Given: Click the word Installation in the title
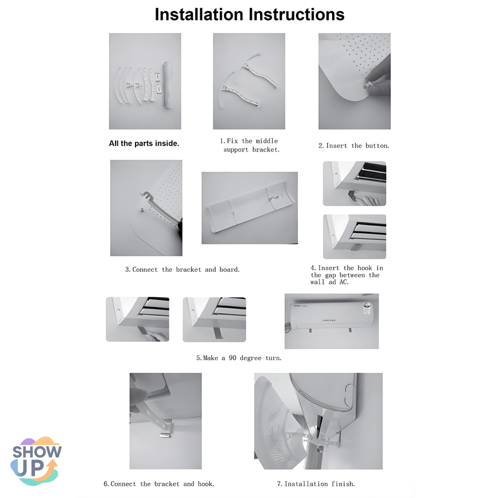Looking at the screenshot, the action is pos(199,14).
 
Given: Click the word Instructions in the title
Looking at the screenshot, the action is pos(297,14).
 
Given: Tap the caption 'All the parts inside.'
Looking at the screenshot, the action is pos(144,143).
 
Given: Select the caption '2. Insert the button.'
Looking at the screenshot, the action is pos(354,146).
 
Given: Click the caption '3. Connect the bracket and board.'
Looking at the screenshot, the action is pos(182,269).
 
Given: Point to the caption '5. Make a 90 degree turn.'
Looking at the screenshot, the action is pos(239,358).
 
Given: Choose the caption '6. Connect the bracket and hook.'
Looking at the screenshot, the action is pos(159,484).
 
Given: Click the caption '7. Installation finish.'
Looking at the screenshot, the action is pos(316,484).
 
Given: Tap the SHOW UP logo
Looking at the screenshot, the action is pos(36,460).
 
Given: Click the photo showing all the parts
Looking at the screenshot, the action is pos(145,81).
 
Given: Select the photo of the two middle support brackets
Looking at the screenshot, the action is pos(249,81).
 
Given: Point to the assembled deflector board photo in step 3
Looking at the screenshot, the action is pos(250,208).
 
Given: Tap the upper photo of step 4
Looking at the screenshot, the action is pos(355,183).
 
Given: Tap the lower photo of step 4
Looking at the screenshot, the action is pos(355,237).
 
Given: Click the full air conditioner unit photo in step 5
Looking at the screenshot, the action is pos(331,321).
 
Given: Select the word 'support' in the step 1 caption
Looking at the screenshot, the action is pos(236,149).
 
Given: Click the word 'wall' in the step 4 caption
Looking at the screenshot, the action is pos(318,282).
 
